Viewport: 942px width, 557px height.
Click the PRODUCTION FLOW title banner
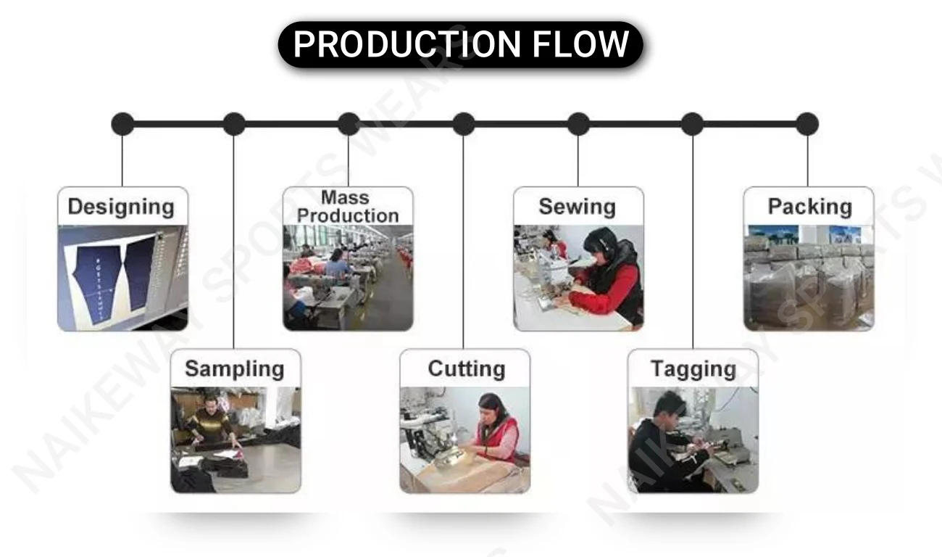[461, 44]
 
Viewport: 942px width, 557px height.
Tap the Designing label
[121, 207]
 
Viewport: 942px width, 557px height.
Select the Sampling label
[234, 368]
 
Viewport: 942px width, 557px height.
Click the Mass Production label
[348, 207]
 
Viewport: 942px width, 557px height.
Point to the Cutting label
[466, 368]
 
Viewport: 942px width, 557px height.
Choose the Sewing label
[578, 207]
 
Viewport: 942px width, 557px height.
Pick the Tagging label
[693, 368]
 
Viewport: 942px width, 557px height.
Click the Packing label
[809, 207]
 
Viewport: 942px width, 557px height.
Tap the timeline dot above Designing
[122, 124]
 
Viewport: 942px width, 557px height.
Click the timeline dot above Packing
[806, 124]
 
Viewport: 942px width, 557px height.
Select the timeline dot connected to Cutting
[464, 124]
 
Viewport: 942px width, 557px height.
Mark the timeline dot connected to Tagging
[692, 124]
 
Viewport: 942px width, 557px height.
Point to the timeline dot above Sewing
[578, 124]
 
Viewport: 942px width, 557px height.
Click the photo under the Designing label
[122, 278]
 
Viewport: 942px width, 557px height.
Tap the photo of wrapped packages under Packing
[809, 278]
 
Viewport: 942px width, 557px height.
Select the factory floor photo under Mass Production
[348, 278]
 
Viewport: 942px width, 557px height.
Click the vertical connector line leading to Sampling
[234, 239]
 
